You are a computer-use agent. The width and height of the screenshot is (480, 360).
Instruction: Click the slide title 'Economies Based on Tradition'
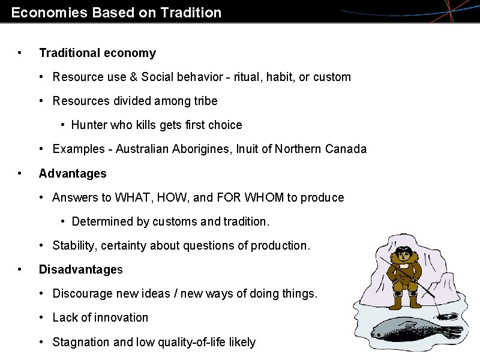pyautogui.click(x=116, y=12)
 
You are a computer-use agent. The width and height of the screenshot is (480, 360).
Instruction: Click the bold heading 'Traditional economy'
pyautogui.click(x=97, y=53)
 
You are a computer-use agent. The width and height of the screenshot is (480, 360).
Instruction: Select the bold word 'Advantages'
pyautogui.click(x=73, y=173)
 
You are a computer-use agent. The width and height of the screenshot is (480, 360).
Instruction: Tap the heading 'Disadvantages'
pyautogui.click(x=80, y=269)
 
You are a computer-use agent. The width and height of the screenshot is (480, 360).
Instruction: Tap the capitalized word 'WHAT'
pyautogui.click(x=134, y=197)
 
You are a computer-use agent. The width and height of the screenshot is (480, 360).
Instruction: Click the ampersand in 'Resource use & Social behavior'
pyautogui.click(x=132, y=77)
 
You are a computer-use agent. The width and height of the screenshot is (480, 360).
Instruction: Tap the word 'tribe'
pyautogui.click(x=205, y=101)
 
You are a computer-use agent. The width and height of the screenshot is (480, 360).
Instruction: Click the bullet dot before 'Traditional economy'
pyautogui.click(x=21, y=53)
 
